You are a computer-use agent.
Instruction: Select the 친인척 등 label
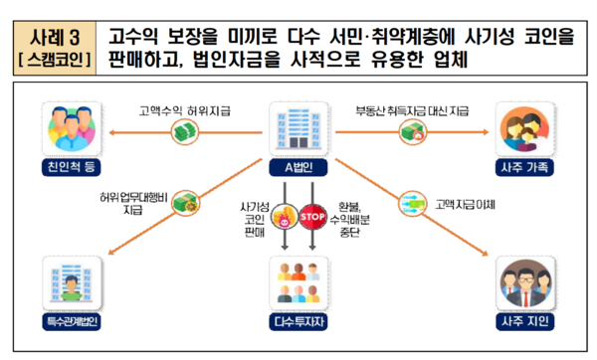tap(65, 166)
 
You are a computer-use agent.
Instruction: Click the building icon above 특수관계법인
tap(67, 281)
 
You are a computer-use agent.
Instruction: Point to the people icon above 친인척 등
tap(65, 127)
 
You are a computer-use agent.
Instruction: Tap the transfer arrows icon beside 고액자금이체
tap(411, 202)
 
